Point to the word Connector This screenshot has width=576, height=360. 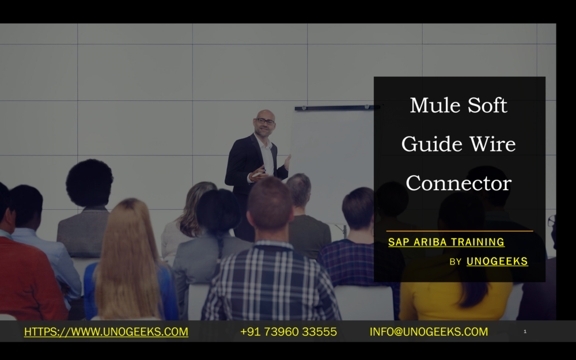click(x=458, y=183)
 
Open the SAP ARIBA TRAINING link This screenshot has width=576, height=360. click(x=446, y=242)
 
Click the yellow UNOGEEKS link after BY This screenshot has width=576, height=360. click(x=497, y=261)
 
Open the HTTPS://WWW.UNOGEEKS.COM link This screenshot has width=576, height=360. click(x=106, y=332)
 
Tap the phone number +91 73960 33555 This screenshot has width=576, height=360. click(x=289, y=332)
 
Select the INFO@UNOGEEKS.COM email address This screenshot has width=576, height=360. click(x=429, y=332)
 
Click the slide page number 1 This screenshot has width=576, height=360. click(x=525, y=331)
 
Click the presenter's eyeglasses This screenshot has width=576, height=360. click(x=265, y=121)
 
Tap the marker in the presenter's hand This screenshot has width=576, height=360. click(x=257, y=175)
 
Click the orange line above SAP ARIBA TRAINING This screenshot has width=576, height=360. click(x=460, y=231)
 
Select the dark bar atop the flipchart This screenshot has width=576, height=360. click(x=337, y=108)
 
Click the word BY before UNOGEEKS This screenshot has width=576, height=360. click(x=456, y=262)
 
